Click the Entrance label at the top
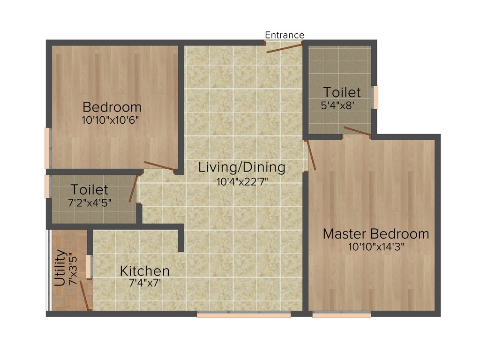(x=285, y=35)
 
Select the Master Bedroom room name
(x=375, y=233)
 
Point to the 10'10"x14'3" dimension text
(x=376, y=247)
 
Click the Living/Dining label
(x=241, y=167)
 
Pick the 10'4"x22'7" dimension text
(x=241, y=181)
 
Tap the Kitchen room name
(x=145, y=270)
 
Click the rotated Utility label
(x=60, y=268)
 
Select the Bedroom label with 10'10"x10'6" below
(x=112, y=106)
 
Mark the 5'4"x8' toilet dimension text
(x=341, y=105)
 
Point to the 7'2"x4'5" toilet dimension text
(x=90, y=203)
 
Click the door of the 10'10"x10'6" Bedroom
(x=160, y=165)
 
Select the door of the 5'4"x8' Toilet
(x=357, y=131)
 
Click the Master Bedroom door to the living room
(x=312, y=155)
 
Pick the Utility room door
(x=85, y=295)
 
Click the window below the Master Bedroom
(x=342, y=315)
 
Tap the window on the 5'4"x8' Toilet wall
(x=375, y=97)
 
